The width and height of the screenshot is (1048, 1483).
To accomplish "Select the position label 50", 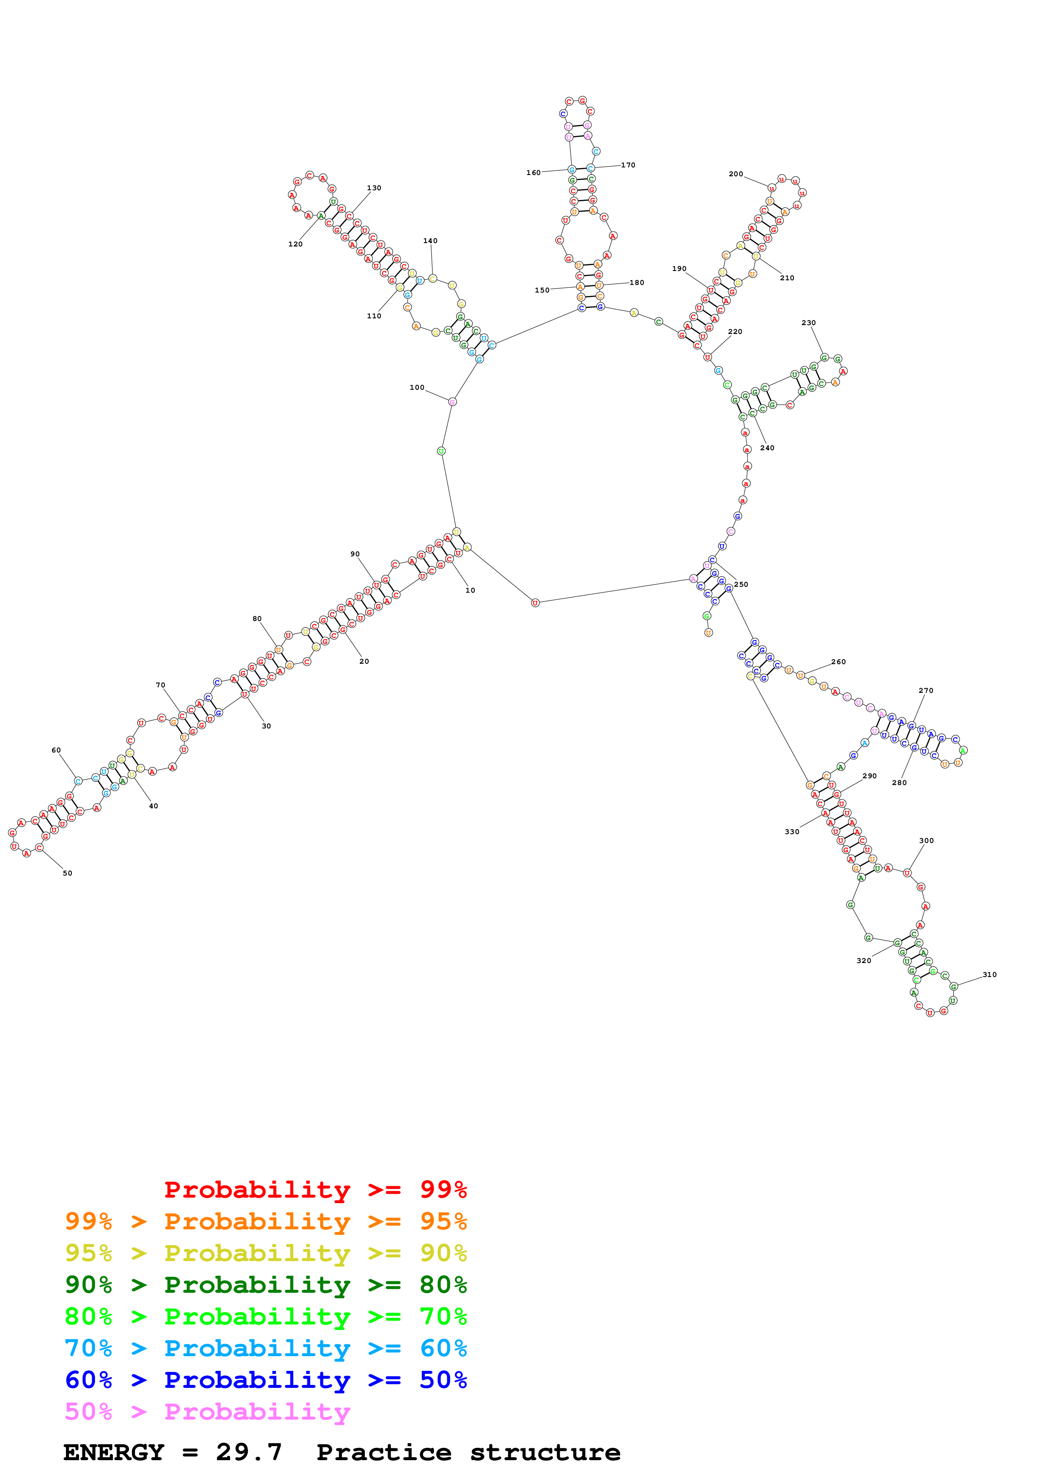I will [x=67, y=873].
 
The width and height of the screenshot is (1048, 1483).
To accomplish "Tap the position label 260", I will [x=838, y=662].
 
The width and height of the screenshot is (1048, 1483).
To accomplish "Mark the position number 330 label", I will [x=792, y=832].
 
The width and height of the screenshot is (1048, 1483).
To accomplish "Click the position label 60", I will [x=56, y=750].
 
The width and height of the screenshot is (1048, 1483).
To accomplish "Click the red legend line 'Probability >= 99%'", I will [x=315, y=1190].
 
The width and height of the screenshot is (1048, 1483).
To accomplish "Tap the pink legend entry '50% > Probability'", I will [x=207, y=1412].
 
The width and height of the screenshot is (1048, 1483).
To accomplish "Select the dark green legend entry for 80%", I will [x=266, y=1285].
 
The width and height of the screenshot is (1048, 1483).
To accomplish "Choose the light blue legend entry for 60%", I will [x=266, y=1348].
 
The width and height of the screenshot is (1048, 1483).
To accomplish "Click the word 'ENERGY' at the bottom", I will [x=114, y=1452].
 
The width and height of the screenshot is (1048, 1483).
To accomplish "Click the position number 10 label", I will [x=470, y=590].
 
